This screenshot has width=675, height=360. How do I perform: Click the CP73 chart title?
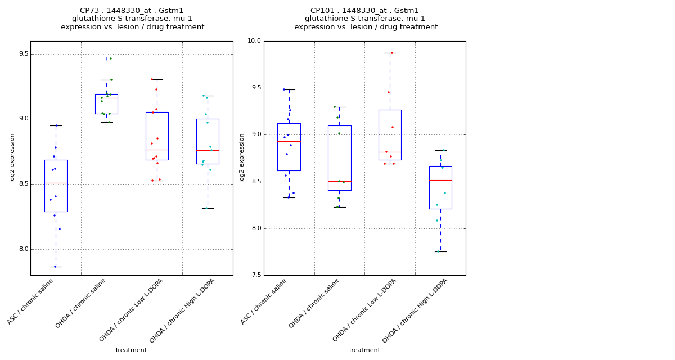tap(132, 19)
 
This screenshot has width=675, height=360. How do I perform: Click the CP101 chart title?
tap(366, 19)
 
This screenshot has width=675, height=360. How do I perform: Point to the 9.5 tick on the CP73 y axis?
tap(21, 54)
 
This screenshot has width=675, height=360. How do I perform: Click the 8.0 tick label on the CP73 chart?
tap(21, 249)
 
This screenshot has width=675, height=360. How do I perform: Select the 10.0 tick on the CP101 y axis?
tap(254, 41)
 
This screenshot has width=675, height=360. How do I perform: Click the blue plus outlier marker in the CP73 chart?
tap(106, 58)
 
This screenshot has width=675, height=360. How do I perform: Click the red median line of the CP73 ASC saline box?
tap(56, 183)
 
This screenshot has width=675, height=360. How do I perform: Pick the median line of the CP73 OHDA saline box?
tap(106, 98)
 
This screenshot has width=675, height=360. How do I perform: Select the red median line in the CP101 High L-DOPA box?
tap(440, 180)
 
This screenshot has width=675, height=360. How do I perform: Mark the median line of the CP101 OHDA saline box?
tap(339, 181)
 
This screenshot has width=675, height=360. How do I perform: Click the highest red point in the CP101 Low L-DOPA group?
tap(392, 53)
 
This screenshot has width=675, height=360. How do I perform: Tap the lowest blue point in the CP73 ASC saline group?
tap(55, 266)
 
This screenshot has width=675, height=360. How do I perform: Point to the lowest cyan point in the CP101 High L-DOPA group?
tap(439, 251)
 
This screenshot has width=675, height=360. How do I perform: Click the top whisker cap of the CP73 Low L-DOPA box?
tap(157, 79)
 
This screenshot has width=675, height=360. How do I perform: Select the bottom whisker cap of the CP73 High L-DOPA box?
tap(208, 208)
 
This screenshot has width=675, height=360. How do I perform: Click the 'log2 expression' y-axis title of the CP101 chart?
tap(242, 157)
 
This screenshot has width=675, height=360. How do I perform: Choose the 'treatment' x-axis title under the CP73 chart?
tap(131, 350)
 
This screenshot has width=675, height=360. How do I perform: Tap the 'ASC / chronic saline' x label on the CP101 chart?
tap(264, 301)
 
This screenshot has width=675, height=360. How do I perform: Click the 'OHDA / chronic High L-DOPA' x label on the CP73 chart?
tap(183, 310)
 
